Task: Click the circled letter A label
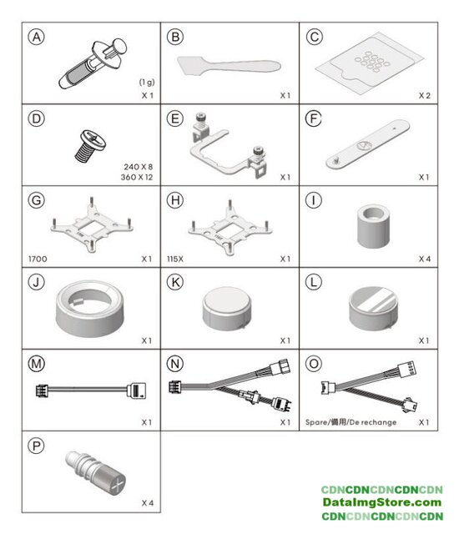pos(37,37)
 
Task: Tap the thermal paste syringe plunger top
pos(119,45)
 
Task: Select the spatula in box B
pos(229,66)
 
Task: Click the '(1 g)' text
pos(147,82)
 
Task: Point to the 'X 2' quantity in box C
pos(425,96)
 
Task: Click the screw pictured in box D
pos(90,145)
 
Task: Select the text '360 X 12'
pos(137,177)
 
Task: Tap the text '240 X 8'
pos(139,167)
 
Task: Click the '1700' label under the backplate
pos(38,259)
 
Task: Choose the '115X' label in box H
pos(175,259)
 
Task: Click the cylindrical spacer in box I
pos(373,226)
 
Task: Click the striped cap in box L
pos(373,309)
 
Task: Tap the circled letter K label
pos(175,282)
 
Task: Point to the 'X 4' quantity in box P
pos(148,503)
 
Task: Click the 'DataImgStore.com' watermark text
pos(382,502)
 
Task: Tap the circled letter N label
pos(175,364)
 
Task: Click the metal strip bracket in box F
pos(368,144)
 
